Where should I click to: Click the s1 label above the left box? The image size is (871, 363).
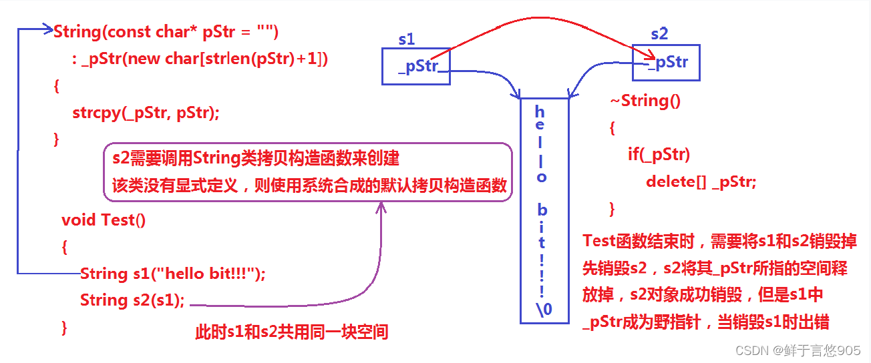click(406, 39)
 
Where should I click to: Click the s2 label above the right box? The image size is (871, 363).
click(659, 33)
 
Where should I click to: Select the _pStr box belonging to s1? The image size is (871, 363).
click(415, 66)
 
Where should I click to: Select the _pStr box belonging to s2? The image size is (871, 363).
click(666, 63)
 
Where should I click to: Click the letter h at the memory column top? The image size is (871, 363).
click(540, 111)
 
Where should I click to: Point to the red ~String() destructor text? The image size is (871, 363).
click(645, 101)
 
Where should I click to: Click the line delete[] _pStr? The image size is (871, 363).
click(701, 181)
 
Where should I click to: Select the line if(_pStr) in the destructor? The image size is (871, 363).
click(658, 155)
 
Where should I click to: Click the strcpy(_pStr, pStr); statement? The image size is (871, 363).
click(146, 113)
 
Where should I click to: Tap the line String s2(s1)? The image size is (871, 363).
click(132, 300)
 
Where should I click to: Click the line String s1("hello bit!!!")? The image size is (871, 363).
click(172, 274)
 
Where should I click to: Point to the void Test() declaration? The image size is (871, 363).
click(104, 220)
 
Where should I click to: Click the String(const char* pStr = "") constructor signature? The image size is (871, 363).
click(166, 31)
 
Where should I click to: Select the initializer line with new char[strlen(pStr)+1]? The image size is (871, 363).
click(200, 59)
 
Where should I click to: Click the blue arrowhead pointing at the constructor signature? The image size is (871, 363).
click(47, 29)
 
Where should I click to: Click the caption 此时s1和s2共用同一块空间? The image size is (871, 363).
click(291, 332)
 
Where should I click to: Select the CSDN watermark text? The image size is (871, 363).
click(798, 350)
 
